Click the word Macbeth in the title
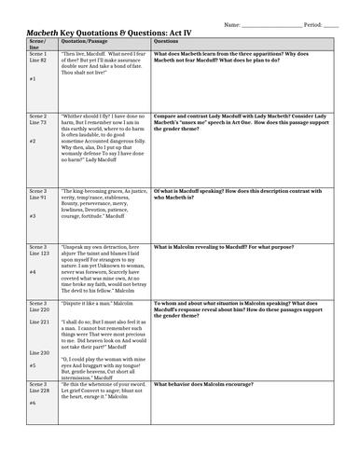[37, 32]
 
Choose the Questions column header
[167, 42]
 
